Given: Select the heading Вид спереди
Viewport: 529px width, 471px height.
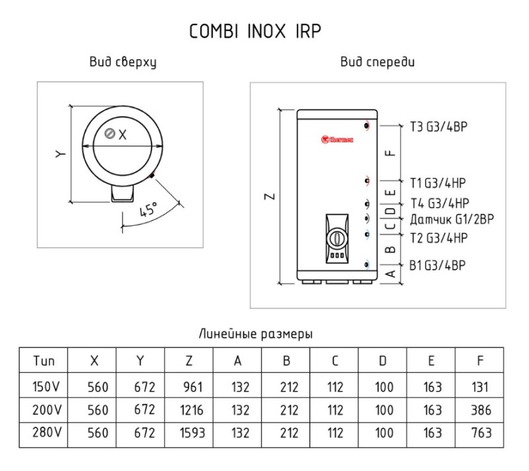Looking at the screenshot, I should pyautogui.click(x=378, y=63).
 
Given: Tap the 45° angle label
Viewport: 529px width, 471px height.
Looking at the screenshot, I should pyautogui.click(x=148, y=211).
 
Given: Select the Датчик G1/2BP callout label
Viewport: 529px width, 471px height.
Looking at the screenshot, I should pyautogui.click(x=452, y=218).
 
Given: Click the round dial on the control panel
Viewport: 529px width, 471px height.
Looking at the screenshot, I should pyautogui.click(x=337, y=236).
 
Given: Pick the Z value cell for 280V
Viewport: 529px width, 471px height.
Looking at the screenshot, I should pyautogui.click(x=189, y=433).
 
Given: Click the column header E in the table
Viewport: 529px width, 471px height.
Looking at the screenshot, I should pyautogui.click(x=431, y=361).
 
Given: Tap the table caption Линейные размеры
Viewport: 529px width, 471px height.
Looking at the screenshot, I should pyautogui.click(x=255, y=335).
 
